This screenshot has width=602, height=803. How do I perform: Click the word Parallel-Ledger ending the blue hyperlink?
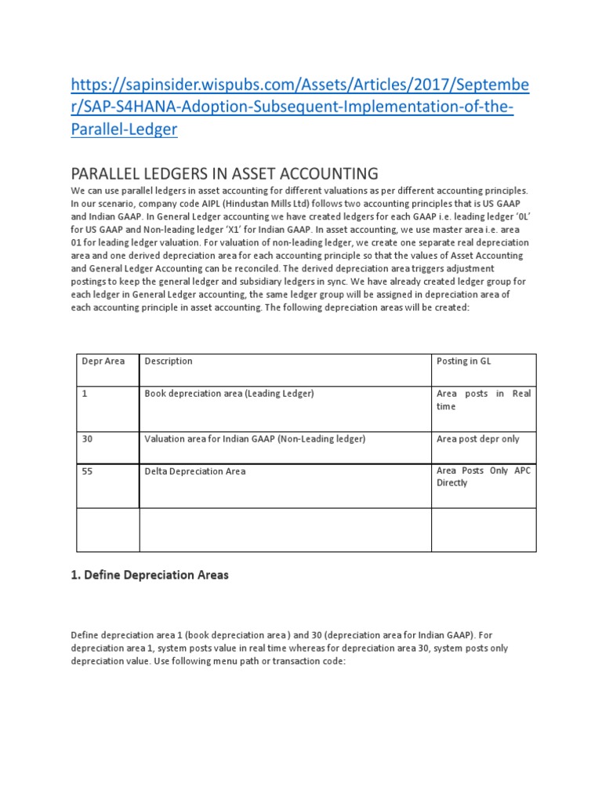pyautogui.click(x=125, y=129)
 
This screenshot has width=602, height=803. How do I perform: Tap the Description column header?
pyautogui.click(x=169, y=362)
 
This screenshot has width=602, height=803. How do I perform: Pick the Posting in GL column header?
pyautogui.click(x=463, y=362)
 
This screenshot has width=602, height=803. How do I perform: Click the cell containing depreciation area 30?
pyautogui.click(x=88, y=439)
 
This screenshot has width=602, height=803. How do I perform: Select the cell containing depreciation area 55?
pyautogui.click(x=88, y=471)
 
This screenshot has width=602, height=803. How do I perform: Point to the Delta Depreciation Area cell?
pyautogui.click(x=195, y=471)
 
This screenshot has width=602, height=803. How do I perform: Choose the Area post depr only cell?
pyautogui.click(x=477, y=439)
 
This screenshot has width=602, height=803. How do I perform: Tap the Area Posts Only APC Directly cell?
pyautogui.click(x=483, y=477)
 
